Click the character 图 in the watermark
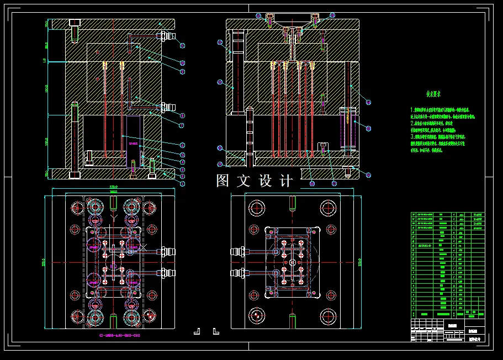pyautogui.click(x=223, y=181)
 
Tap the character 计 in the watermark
pyautogui.click(x=287, y=181)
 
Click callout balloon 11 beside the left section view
pyautogui.click(x=182, y=46)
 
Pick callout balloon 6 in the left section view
pyautogui.click(x=182, y=146)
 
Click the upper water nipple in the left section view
pyautogui.click(x=166, y=36)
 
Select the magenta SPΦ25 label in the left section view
pyautogui.click(x=134, y=142)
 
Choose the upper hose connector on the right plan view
pyautogui.click(x=239, y=252)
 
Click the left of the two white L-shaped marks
pyautogui.click(x=196, y=331)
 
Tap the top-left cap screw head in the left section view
pyautogui.click(x=75, y=23)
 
